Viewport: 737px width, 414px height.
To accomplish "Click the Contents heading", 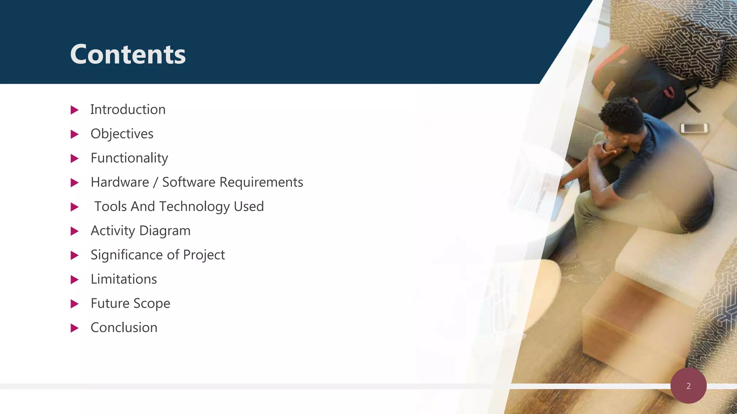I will coord(128,55).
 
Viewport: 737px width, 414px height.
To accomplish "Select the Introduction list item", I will coord(128,110).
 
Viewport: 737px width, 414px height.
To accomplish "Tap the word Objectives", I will coord(122,134).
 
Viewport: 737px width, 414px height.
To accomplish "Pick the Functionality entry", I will coord(129,158).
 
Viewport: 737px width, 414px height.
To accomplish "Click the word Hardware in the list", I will coord(120,182).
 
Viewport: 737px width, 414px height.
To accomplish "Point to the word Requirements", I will coord(261,182).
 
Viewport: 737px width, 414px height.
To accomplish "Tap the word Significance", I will coord(127,255).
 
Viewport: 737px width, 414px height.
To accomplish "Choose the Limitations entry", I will coord(124,279).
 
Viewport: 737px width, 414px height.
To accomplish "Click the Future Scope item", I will coord(130,304).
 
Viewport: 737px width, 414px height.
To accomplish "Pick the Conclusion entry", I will coord(124,328).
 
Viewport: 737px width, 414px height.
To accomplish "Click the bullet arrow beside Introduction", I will coord(74,110).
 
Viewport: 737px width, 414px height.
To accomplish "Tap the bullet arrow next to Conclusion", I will coord(74,328).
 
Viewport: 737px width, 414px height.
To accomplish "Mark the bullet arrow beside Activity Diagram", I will coord(74,231).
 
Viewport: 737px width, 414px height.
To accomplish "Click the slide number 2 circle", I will coord(688,386).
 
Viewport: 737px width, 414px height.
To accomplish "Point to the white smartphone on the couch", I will coord(693,128).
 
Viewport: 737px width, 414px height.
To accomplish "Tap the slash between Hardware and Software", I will coord(155,183).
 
